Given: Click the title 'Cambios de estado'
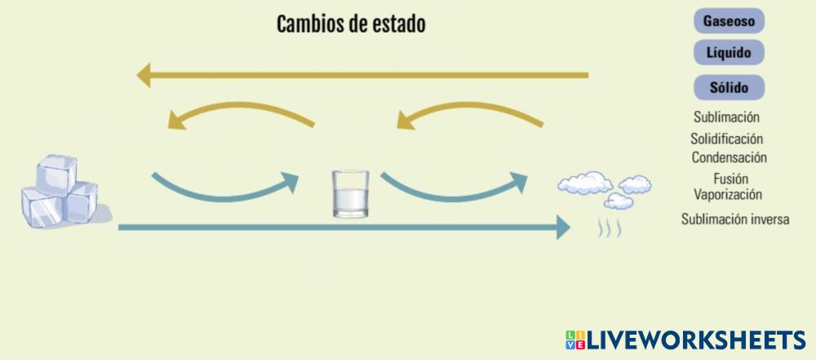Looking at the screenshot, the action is [351, 24].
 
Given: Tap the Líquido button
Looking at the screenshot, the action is [729, 52].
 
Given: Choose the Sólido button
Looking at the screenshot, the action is [729, 86].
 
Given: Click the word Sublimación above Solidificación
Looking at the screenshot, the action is [726, 118].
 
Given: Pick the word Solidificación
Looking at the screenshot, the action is [726, 140].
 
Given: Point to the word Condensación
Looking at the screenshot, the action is [729, 158].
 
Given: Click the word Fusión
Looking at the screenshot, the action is [730, 179].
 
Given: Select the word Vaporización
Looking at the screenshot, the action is [728, 195].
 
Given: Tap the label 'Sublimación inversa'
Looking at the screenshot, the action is [735, 219].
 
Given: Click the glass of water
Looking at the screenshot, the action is [351, 194].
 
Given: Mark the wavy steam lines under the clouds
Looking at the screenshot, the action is [609, 228].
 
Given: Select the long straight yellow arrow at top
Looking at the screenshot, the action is [362, 76].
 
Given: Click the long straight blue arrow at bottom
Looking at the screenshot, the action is [343, 227].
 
